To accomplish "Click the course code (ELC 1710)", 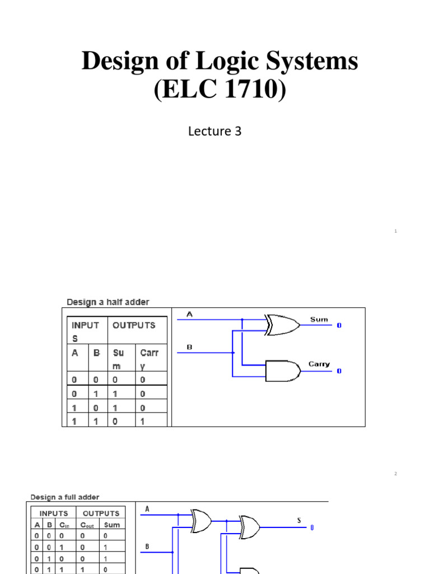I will point(219,90).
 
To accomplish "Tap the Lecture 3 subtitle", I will point(215,131).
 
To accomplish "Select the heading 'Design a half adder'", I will point(108,302).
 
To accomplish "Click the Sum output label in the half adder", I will point(319,320).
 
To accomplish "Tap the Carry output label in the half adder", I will point(319,364).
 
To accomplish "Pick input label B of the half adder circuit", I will point(189,348).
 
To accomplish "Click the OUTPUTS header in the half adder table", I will point(134,325).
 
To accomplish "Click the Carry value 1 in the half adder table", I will point(142,421).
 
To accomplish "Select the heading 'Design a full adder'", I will point(65,497).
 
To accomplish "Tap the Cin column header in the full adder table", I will point(64,525).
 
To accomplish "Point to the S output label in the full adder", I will point(299,521).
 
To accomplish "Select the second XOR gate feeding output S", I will point(250,525).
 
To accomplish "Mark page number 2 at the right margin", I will point(395,474).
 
